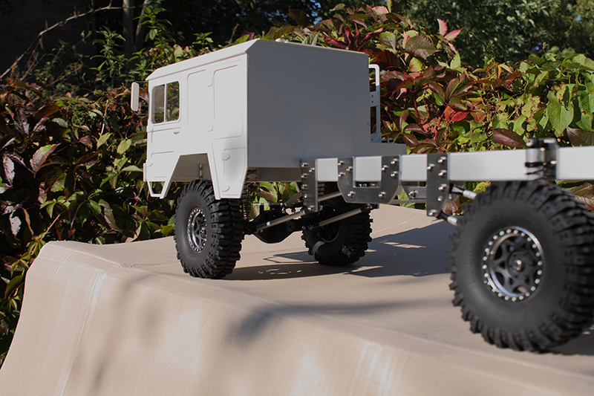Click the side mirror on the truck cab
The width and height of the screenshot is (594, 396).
click(135, 97)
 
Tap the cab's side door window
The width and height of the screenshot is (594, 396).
click(166, 103)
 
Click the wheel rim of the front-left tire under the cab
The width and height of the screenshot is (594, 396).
click(197, 230)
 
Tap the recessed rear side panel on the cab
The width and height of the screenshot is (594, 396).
click(227, 104)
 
